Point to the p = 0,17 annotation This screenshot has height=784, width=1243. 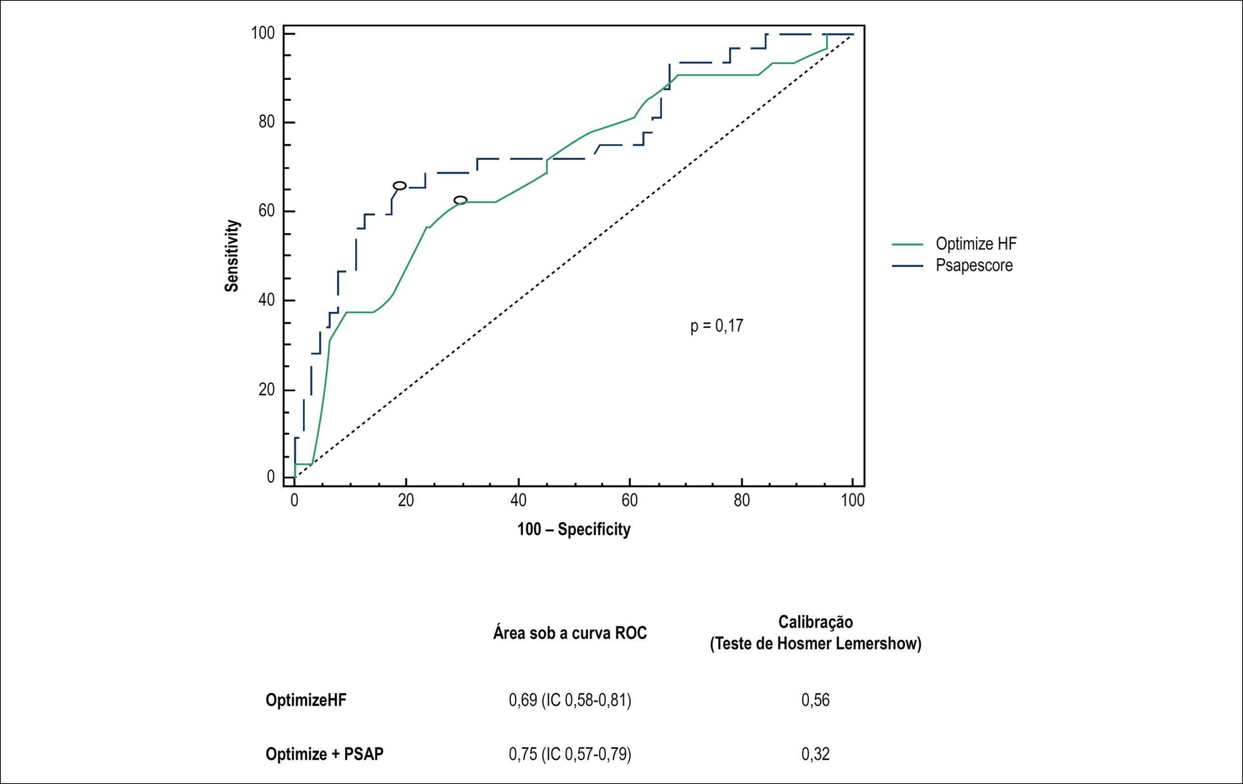(717, 326)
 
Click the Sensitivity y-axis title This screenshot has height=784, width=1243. (232, 256)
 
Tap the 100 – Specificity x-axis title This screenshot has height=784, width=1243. (574, 529)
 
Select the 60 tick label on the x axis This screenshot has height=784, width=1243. (630, 500)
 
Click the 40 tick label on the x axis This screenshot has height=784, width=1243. (518, 500)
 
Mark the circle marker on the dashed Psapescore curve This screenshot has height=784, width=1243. (400, 186)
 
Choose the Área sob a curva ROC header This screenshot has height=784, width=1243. (570, 633)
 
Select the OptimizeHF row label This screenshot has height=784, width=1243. (306, 700)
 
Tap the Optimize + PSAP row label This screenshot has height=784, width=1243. (325, 754)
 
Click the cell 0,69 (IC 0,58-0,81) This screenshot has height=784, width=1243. (570, 700)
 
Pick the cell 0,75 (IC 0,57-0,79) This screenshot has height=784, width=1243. (570, 754)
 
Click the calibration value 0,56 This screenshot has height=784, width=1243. (816, 700)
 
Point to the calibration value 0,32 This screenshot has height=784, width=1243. (816, 754)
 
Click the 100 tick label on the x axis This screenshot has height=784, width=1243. (853, 500)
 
